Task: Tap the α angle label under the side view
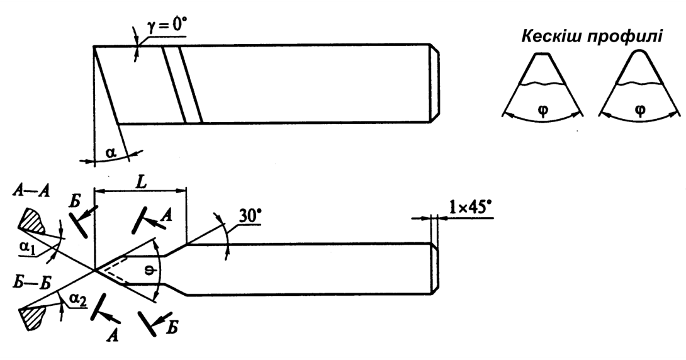[110, 153]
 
